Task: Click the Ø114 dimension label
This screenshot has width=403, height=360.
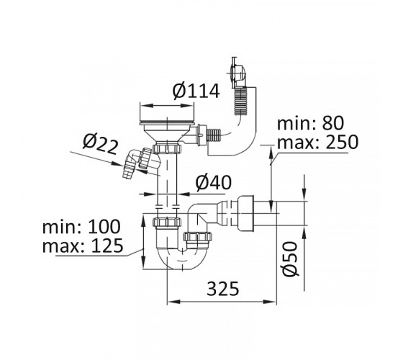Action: [x=196, y=91]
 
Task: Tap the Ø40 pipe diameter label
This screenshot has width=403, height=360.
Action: [x=213, y=183]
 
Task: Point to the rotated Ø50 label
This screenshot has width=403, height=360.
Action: [x=291, y=258]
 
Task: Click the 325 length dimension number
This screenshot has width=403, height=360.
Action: [x=223, y=289]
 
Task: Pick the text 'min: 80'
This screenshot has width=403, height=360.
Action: [x=310, y=123]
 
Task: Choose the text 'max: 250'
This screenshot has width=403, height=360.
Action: [x=317, y=142]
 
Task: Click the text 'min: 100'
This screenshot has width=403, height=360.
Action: [x=81, y=226]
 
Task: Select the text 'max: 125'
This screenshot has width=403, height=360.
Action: [x=83, y=246]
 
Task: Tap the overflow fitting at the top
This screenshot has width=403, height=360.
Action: [x=237, y=73]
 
